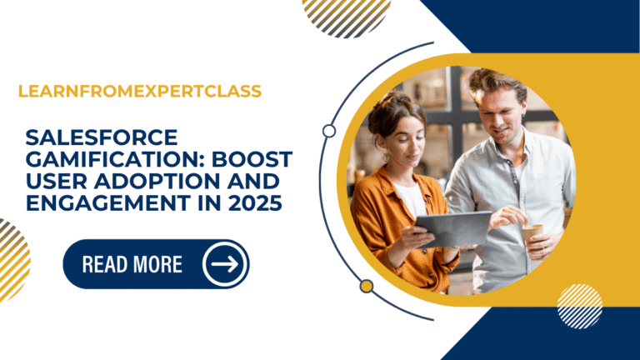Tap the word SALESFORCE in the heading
(x=78, y=136)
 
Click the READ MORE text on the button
(x=132, y=265)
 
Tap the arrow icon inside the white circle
(x=225, y=264)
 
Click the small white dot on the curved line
(x=329, y=131)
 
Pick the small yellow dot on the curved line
(x=366, y=286)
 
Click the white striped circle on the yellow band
(x=579, y=305)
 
